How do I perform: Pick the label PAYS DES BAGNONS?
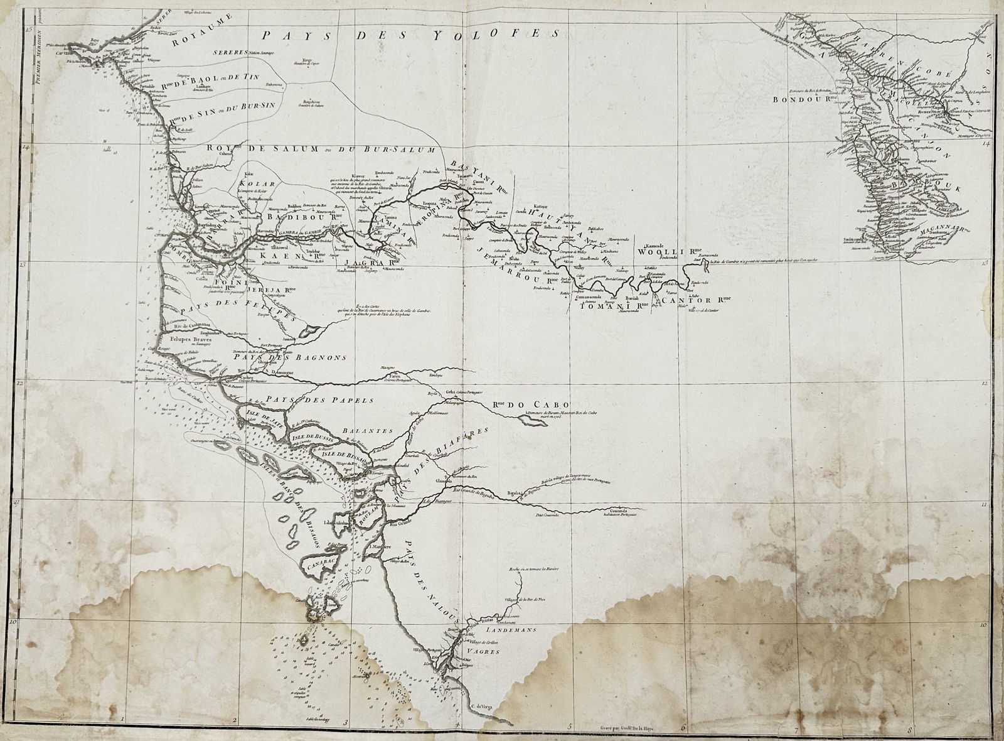285,357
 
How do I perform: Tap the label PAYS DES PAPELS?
319,399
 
